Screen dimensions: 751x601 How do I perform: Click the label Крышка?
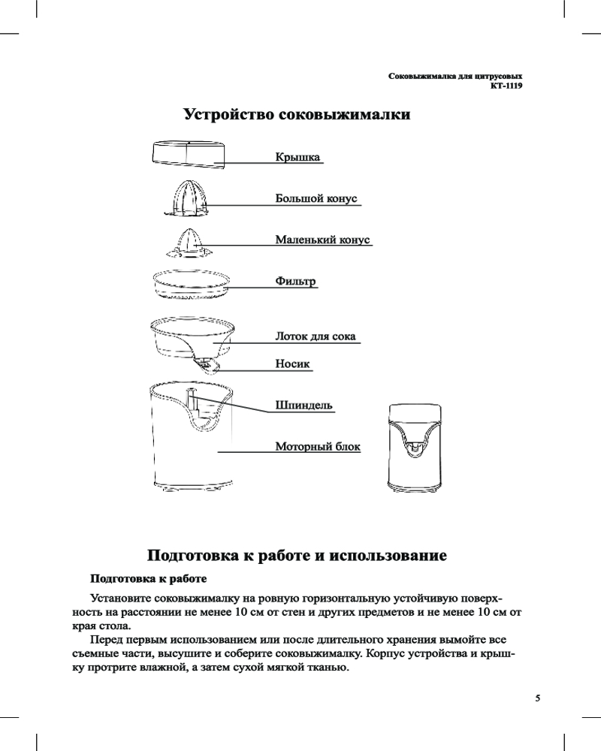pyautogui.click(x=298, y=157)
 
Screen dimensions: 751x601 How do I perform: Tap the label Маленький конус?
pyautogui.click(x=322, y=240)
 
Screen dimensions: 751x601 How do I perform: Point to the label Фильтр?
pyautogui.click(x=295, y=282)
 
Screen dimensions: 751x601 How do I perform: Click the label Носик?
pyautogui.click(x=293, y=363)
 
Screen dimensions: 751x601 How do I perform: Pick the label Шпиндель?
pyautogui.click(x=304, y=406)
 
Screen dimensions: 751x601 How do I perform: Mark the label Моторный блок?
pyautogui.click(x=318, y=447)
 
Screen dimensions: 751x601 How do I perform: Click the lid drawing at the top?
pyautogui.click(x=188, y=153)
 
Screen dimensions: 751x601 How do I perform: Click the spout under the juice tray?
pyautogui.click(x=208, y=365)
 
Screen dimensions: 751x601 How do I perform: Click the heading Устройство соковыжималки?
pyautogui.click(x=297, y=116)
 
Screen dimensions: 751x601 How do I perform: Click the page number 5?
pyautogui.click(x=537, y=697)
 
